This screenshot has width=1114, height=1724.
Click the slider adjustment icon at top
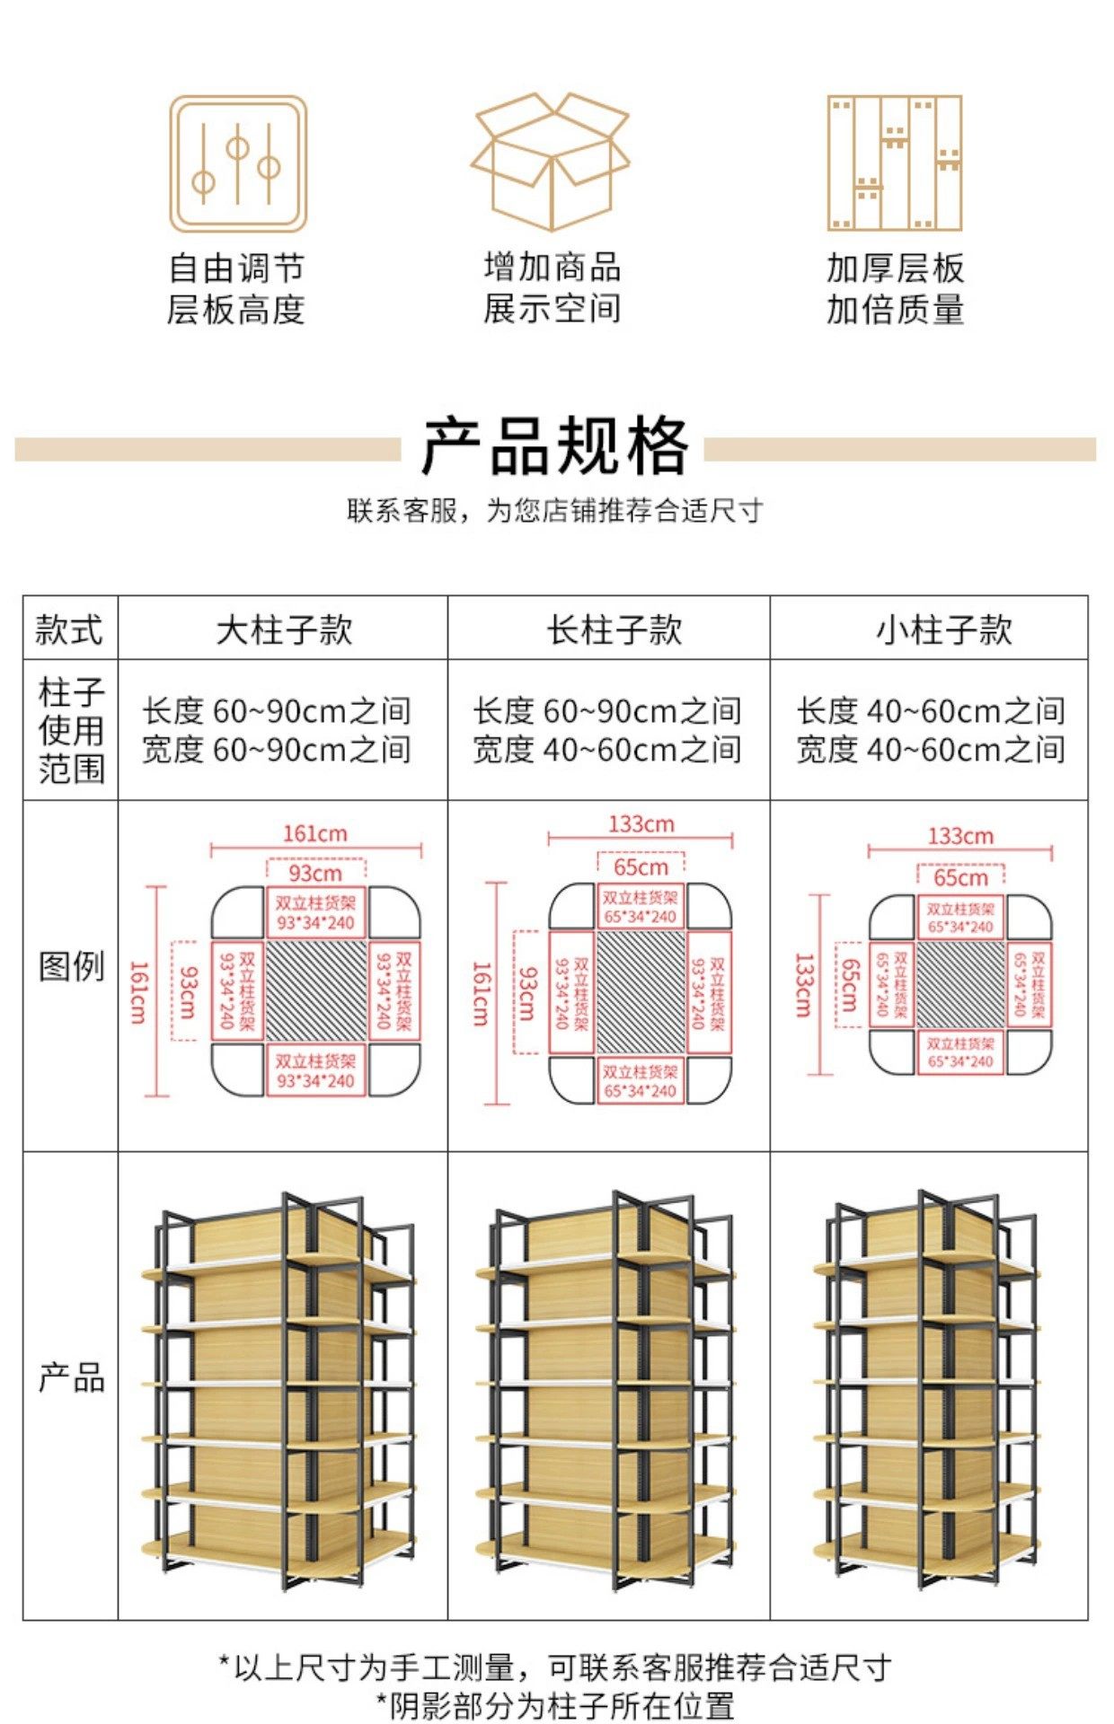[238, 164]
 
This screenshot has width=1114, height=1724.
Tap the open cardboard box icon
[551, 161]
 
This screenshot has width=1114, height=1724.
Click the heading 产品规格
[554, 446]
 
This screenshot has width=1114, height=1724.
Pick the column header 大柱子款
[284, 629]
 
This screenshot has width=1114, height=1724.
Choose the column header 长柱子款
[614, 629]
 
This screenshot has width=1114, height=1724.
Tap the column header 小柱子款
[943, 629]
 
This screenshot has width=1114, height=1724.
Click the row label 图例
[71, 966]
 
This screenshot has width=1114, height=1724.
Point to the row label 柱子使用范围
[71, 730]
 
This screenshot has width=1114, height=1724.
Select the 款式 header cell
[69, 629]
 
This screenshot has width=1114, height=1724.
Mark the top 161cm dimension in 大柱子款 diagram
[314, 833]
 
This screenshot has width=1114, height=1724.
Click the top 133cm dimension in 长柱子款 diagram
[641, 823]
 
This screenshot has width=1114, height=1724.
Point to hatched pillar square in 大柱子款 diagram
[316, 990]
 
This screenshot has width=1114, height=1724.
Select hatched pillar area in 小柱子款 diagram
[959, 984]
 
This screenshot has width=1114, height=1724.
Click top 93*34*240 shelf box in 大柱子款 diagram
[315, 913]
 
